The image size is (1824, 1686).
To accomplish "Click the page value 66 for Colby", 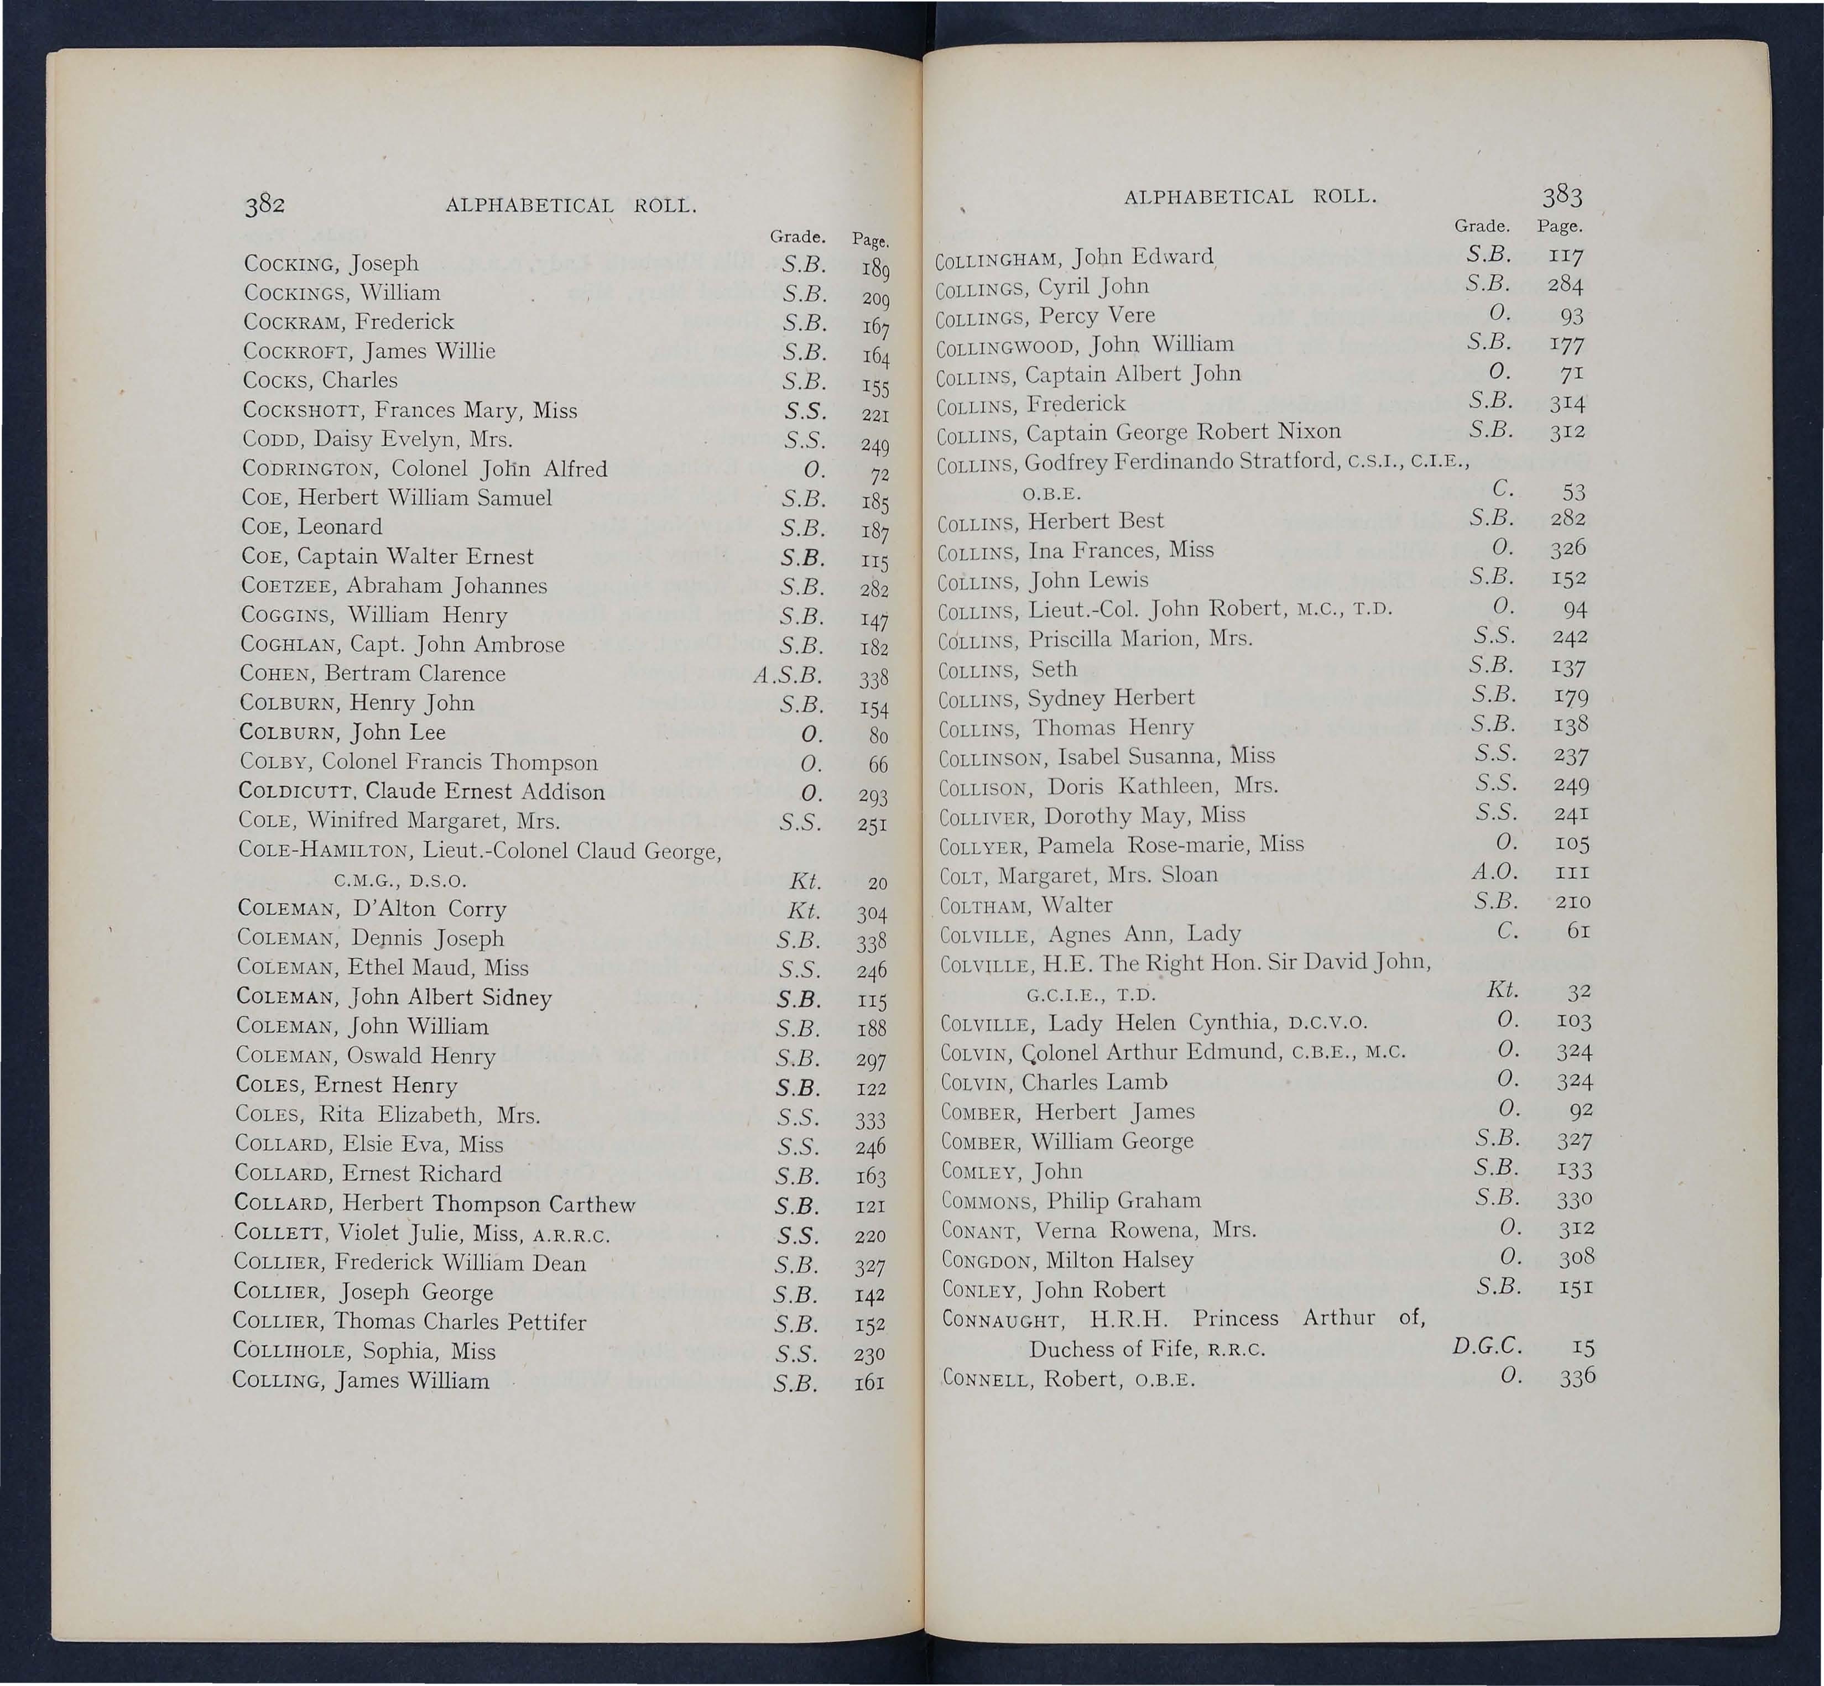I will [878, 765].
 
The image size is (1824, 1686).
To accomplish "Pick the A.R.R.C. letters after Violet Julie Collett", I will [570, 1237].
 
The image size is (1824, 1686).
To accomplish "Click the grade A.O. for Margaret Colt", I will [1493, 872].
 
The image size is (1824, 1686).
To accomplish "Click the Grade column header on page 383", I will [1482, 226].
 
